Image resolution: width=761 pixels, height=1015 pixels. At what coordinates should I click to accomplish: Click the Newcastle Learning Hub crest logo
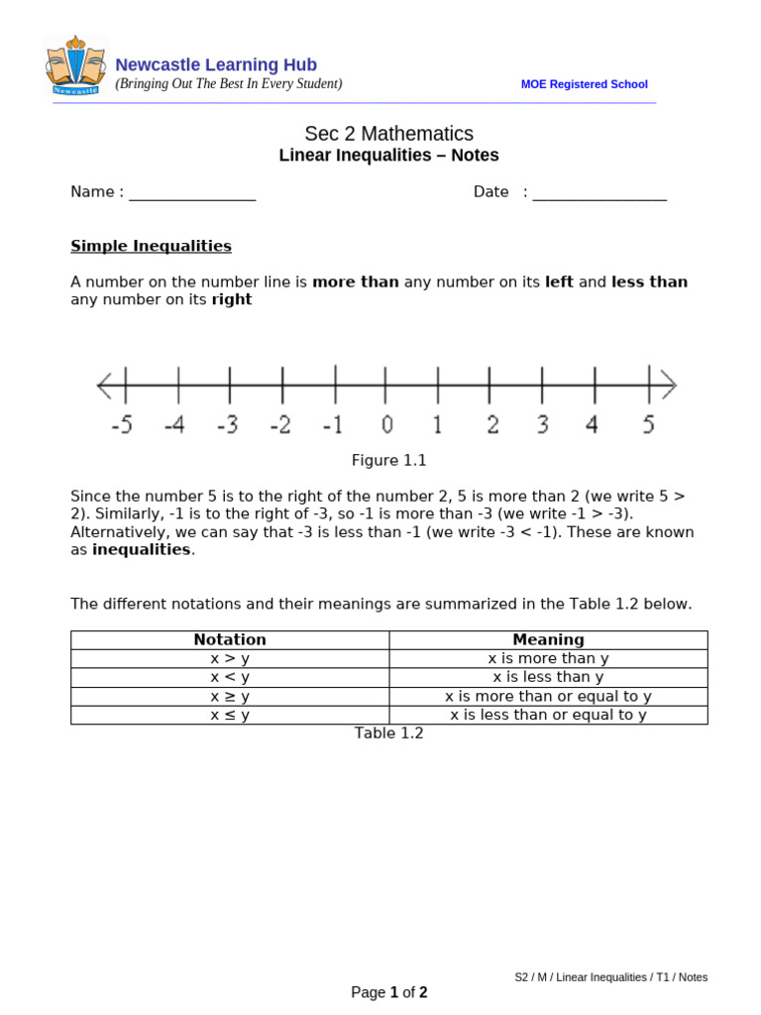75,65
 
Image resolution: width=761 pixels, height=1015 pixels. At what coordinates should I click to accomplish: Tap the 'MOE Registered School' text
584,84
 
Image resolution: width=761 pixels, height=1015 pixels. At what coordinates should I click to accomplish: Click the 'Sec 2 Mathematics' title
388,134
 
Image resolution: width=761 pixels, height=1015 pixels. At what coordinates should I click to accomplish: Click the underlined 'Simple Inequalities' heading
151,246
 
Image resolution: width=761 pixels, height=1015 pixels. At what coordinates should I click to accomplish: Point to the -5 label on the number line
121,425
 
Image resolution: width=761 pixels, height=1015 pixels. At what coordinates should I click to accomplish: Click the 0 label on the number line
386,425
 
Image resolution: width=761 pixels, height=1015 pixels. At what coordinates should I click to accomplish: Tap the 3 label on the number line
542,425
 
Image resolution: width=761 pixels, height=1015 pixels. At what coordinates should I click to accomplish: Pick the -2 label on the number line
280,425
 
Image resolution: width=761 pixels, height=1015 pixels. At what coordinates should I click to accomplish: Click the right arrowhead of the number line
669,385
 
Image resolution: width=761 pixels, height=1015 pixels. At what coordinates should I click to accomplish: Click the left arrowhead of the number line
104,385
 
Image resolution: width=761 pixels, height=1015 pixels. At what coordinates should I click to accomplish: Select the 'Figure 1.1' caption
388,461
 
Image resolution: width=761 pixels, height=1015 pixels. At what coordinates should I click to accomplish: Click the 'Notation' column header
230,640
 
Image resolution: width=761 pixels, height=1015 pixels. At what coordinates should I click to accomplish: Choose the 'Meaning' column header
548,640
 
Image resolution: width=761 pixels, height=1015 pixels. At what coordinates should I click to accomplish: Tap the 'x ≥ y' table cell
230,697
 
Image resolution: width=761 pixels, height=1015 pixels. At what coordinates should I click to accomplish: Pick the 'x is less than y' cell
548,677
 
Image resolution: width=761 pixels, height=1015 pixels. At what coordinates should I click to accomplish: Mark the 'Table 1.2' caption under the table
388,733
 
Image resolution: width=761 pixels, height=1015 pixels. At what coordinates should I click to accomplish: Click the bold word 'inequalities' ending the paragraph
141,550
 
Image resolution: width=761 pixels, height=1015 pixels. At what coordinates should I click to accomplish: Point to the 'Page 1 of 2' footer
388,992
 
